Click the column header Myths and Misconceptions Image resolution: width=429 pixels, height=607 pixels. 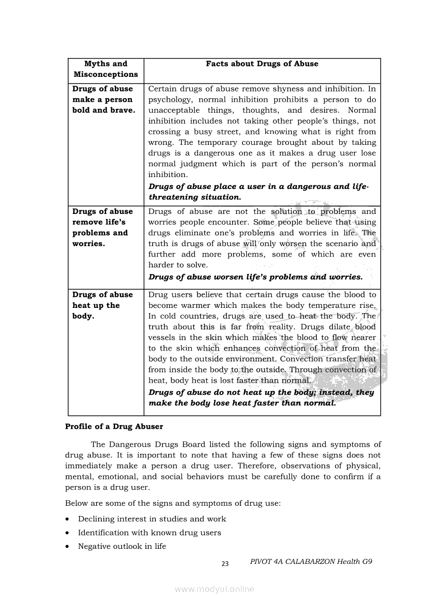click(x=105, y=69)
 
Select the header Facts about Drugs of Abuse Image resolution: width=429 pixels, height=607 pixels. click(x=262, y=64)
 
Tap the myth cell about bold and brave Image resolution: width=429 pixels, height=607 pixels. click(x=103, y=99)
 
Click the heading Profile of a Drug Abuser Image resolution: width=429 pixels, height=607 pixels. click(x=114, y=426)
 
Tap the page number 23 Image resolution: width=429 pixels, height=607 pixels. click(x=225, y=564)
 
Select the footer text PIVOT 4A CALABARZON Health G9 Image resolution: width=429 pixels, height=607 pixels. click(x=311, y=561)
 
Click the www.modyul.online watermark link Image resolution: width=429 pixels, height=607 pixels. click(x=214, y=589)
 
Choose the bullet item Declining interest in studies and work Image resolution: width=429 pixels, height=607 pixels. click(x=152, y=519)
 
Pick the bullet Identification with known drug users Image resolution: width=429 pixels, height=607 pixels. click(x=149, y=533)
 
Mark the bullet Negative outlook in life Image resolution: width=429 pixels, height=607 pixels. click(x=122, y=546)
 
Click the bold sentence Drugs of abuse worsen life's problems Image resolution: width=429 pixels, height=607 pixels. click(x=256, y=277)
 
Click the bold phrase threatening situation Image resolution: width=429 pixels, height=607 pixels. click(x=195, y=197)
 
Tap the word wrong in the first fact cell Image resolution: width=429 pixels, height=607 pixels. click(x=160, y=142)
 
